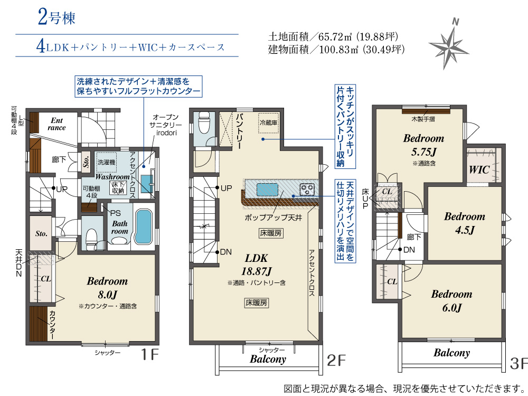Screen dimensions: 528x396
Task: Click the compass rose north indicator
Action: click(x=455, y=22)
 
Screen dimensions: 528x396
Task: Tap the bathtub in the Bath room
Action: click(x=144, y=226)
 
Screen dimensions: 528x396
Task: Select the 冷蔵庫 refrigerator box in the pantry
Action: click(x=268, y=122)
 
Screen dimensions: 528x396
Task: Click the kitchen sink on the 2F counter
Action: click(x=267, y=189)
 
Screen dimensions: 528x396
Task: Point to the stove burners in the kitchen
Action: click(x=307, y=189)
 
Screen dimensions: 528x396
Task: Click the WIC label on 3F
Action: click(x=479, y=169)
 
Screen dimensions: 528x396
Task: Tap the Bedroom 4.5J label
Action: click(x=465, y=223)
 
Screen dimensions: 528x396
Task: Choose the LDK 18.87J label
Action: click(x=256, y=265)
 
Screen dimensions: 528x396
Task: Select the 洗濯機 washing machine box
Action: click(x=107, y=162)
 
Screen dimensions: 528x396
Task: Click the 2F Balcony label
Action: click(x=268, y=359)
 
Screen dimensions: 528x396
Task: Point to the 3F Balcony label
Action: click(x=451, y=353)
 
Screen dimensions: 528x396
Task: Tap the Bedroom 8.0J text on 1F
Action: click(x=107, y=288)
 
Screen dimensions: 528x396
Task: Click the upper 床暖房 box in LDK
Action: click(x=271, y=233)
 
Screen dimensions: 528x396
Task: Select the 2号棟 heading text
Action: click(x=56, y=17)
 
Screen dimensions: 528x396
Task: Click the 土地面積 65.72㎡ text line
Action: click(x=333, y=36)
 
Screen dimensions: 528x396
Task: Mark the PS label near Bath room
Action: click(x=115, y=213)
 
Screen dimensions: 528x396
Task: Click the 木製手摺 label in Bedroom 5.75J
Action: click(x=423, y=119)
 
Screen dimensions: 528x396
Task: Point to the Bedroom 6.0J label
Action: click(x=451, y=301)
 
